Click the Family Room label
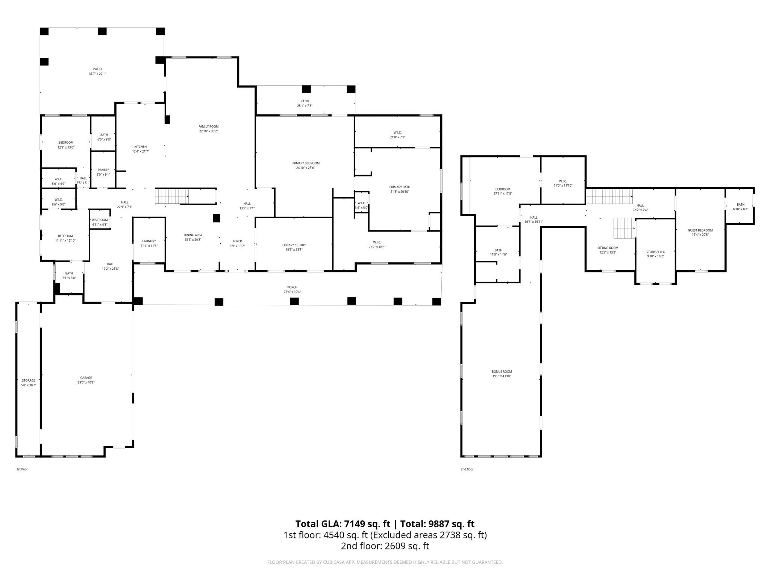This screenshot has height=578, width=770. click(209, 126)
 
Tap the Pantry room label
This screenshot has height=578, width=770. click(103, 170)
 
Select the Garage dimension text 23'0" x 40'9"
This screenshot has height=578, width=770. click(86, 382)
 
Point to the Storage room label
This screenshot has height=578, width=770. click(29, 380)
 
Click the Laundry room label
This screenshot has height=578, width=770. click(149, 241)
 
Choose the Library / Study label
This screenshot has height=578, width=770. click(294, 245)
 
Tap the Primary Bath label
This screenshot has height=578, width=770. click(400, 187)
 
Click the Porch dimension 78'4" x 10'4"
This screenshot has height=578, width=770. click(292, 292)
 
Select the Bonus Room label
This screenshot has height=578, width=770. click(502, 371)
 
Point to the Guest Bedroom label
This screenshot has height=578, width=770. click(700, 230)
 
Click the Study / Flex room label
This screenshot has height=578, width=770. click(655, 252)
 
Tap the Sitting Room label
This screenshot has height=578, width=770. click(608, 248)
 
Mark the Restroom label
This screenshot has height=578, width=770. click(100, 220)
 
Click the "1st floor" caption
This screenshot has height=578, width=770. click(22, 469)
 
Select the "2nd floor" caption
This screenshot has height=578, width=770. click(467, 469)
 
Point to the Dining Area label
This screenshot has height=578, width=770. click(193, 235)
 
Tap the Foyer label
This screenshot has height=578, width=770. click(237, 241)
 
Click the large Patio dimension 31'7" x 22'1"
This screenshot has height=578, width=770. click(97, 74)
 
